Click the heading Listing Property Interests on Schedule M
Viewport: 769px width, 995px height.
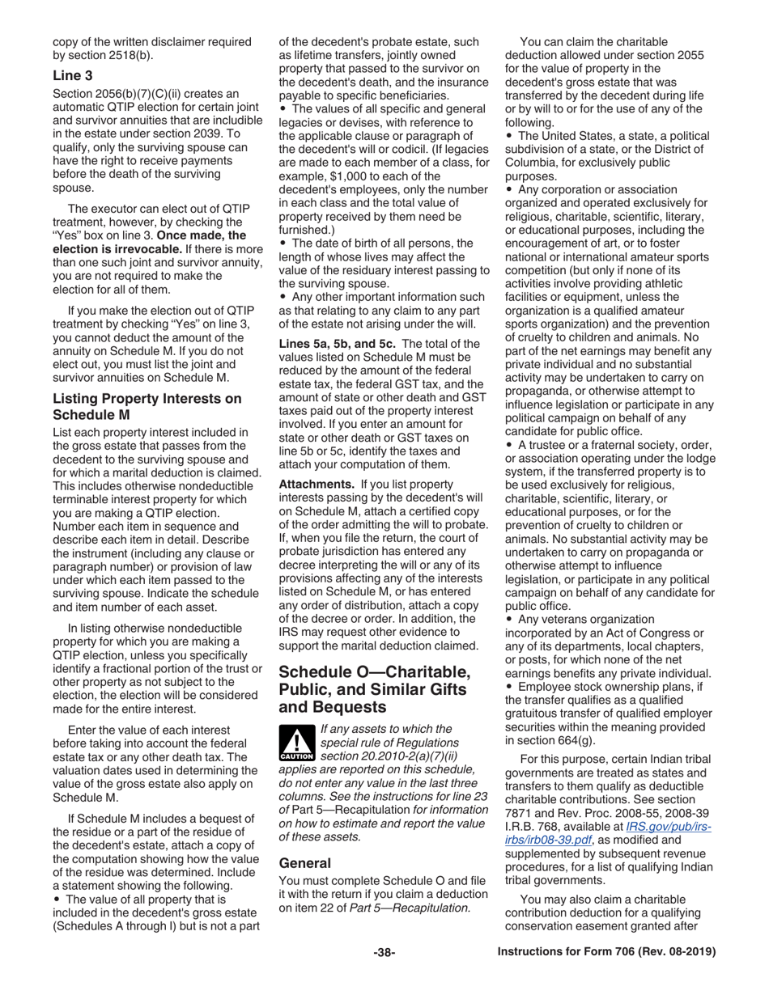pyautogui.click(x=147, y=406)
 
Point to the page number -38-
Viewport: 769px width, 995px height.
pyautogui.click(x=384, y=952)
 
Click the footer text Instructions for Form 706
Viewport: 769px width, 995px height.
pyautogui.click(x=605, y=952)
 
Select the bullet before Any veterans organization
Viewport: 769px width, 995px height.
pyautogui.click(x=510, y=620)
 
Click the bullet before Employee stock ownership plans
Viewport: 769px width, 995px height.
pyautogui.click(x=510, y=687)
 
